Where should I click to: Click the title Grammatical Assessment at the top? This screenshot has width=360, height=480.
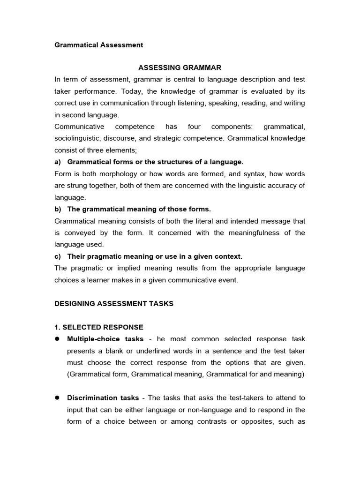pyautogui.click(x=99, y=45)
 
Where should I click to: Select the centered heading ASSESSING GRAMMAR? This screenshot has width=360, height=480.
pyautogui.click(x=180, y=68)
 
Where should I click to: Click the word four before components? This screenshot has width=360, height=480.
pyautogui.click(x=194, y=127)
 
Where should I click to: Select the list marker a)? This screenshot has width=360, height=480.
pyautogui.click(x=58, y=162)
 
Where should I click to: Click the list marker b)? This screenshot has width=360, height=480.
pyautogui.click(x=58, y=209)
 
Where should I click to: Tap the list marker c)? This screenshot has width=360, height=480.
pyautogui.click(x=58, y=256)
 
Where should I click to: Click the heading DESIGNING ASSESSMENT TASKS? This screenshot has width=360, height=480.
pyautogui.click(x=114, y=303)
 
